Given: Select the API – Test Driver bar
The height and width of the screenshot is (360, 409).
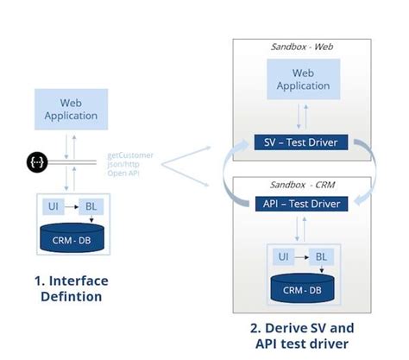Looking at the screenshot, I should [300, 204].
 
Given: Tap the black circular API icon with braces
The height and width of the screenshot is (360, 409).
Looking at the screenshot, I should [36, 161].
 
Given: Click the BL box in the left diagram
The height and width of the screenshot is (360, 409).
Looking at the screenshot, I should [89, 207].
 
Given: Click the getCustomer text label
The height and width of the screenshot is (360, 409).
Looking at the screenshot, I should [130, 155].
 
